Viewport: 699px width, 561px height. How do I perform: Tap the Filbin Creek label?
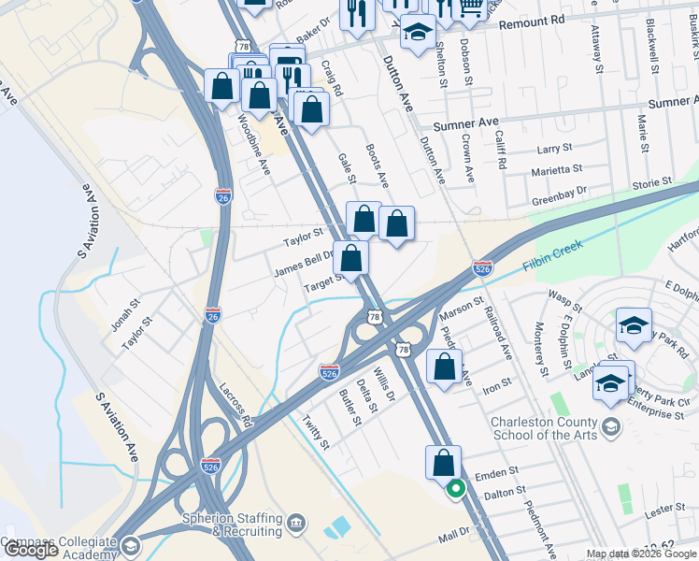click(x=553, y=251)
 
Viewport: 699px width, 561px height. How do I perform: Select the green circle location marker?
click(x=456, y=487)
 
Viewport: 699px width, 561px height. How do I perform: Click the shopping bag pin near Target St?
click(x=350, y=258)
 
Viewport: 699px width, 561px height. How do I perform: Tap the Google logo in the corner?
click(x=31, y=550)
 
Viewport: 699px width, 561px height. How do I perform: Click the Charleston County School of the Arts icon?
click(x=611, y=427)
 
